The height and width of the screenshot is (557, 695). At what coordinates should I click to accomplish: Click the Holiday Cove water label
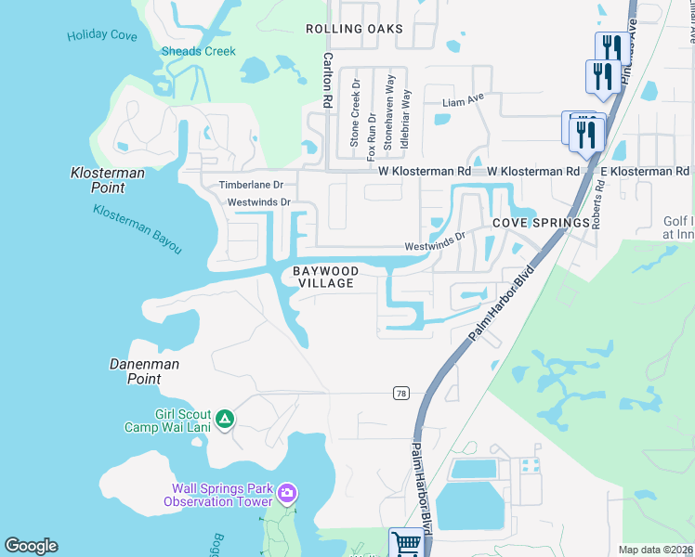102,37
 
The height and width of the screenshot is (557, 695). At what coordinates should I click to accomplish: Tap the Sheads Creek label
199,51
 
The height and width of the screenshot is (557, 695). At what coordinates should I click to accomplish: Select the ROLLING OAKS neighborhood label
355,29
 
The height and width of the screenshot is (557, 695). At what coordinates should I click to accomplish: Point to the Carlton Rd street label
327,76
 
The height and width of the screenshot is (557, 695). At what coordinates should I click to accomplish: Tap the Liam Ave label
465,101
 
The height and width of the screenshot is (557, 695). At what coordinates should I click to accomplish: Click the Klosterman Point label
98,180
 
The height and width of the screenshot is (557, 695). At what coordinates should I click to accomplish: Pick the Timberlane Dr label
256,185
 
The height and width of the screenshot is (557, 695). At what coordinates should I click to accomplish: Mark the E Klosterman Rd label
645,172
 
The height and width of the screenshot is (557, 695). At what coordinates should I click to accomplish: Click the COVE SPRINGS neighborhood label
541,223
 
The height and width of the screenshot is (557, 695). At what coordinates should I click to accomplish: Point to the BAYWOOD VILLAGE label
325,277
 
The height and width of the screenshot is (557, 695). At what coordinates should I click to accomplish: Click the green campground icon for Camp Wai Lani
224,421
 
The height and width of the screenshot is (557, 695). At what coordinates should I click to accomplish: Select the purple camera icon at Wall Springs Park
287,491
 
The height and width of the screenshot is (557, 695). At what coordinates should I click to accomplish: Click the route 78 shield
400,393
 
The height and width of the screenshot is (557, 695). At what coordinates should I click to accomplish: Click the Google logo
31,546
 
